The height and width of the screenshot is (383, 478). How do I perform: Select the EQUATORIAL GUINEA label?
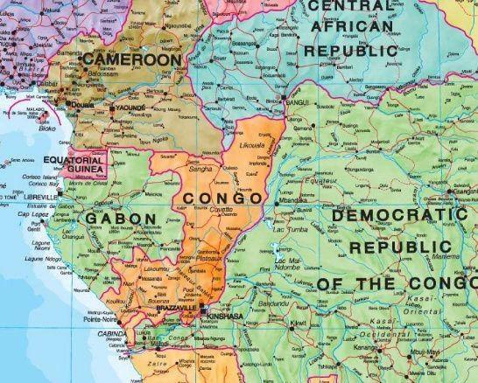tap(76, 165)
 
